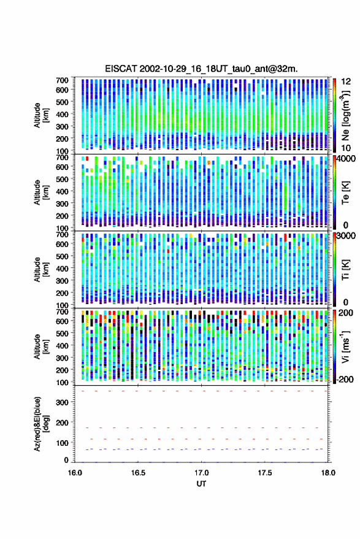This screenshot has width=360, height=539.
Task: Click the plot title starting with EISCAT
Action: (201, 69)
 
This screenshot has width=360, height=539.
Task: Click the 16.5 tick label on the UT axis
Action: (138, 473)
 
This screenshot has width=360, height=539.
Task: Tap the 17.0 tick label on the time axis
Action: (201, 473)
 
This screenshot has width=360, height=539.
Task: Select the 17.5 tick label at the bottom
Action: (264, 473)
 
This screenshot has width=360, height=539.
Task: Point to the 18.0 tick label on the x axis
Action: (328, 473)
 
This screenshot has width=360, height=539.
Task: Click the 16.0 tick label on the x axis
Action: (75, 473)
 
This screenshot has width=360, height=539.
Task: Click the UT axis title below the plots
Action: (201, 484)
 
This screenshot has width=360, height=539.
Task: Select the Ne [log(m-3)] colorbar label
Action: (345, 115)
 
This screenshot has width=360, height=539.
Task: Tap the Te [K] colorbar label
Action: (345, 193)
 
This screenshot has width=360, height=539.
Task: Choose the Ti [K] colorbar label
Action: (345, 270)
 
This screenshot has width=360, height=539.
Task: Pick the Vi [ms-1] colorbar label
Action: (345, 346)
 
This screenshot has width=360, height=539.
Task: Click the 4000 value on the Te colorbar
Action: (346, 159)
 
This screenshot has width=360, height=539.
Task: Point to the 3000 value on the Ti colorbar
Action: (346, 236)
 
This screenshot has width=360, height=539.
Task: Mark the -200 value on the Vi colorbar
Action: (344, 379)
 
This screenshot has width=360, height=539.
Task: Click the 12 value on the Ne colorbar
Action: (346, 82)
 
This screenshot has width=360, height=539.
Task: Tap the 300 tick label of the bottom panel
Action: (62, 402)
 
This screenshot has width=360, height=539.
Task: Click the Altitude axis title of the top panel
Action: (41, 115)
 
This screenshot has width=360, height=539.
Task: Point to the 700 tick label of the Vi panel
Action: (62, 312)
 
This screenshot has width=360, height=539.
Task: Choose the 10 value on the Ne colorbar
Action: (346, 148)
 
